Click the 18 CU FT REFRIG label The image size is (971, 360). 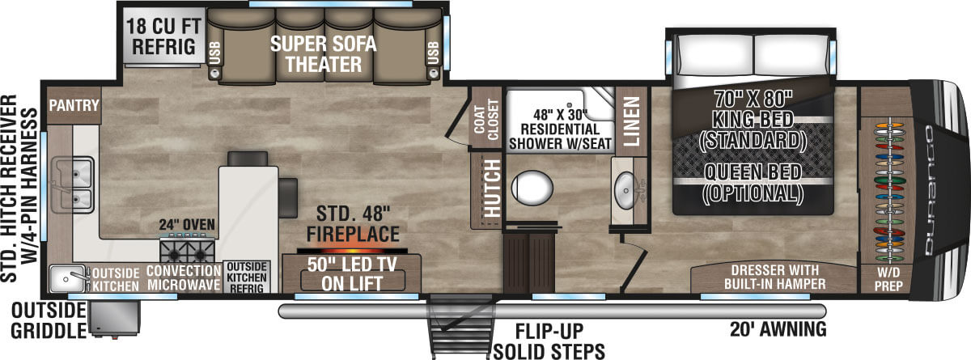click(x=163, y=35)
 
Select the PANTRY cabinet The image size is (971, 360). click(x=73, y=105)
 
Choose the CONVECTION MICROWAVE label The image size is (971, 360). click(x=184, y=277)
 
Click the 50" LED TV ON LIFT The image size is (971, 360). click(x=352, y=273)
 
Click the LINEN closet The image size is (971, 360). click(x=630, y=121)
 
